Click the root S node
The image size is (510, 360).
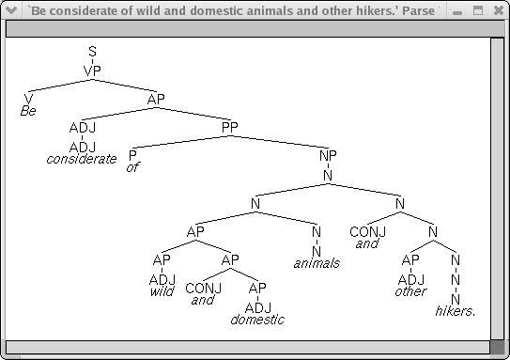click(x=92, y=51)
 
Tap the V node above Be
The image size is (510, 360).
click(x=28, y=98)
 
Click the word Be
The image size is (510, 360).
click(x=28, y=111)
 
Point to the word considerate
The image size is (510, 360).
click(x=83, y=159)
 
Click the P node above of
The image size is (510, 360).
click(x=132, y=154)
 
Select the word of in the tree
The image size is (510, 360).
click(x=132, y=167)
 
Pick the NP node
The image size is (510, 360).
click(x=328, y=154)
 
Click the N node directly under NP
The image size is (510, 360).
click(x=328, y=175)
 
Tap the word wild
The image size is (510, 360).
click(x=162, y=291)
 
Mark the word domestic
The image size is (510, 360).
click(x=257, y=320)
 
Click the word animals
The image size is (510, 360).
click(x=317, y=263)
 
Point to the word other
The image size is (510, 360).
click(x=410, y=291)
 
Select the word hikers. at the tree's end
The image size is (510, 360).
click(x=456, y=311)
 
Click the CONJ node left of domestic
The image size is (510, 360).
click(x=203, y=288)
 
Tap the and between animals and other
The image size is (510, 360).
click(x=367, y=244)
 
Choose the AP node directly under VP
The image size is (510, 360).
click(x=156, y=98)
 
